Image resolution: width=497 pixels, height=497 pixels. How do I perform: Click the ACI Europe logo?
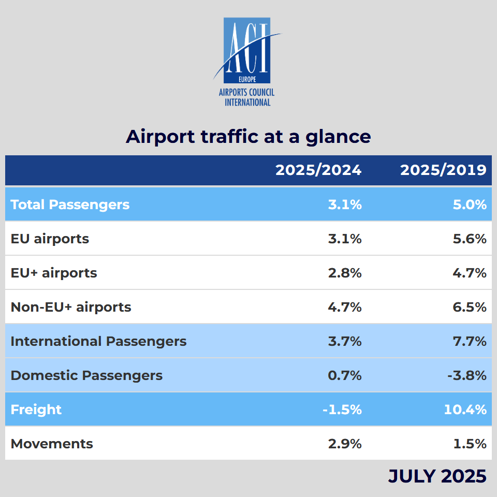(246, 61)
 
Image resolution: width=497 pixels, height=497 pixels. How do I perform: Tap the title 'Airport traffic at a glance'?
(248, 137)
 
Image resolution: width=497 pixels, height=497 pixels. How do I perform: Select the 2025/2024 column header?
(318, 170)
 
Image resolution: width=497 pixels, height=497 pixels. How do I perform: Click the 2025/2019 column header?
(443, 170)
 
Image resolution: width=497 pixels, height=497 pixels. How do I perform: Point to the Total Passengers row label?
(70, 204)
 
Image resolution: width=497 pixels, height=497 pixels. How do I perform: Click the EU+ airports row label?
(54, 273)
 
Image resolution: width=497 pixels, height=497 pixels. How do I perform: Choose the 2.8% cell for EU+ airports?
(345, 273)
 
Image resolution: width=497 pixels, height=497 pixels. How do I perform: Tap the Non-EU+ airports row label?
(71, 307)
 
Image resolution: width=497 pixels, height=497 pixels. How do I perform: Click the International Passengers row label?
(98, 341)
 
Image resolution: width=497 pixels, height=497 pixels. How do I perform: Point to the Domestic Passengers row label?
(86, 375)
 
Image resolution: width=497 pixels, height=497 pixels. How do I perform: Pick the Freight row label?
(36, 410)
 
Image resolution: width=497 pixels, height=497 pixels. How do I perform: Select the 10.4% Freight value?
(465, 410)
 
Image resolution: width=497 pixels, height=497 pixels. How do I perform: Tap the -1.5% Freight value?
(342, 410)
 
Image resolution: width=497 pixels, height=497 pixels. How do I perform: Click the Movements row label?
(52, 444)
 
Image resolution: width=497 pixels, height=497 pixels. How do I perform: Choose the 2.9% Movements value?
(345, 444)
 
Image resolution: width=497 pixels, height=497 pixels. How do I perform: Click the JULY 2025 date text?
(437, 476)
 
